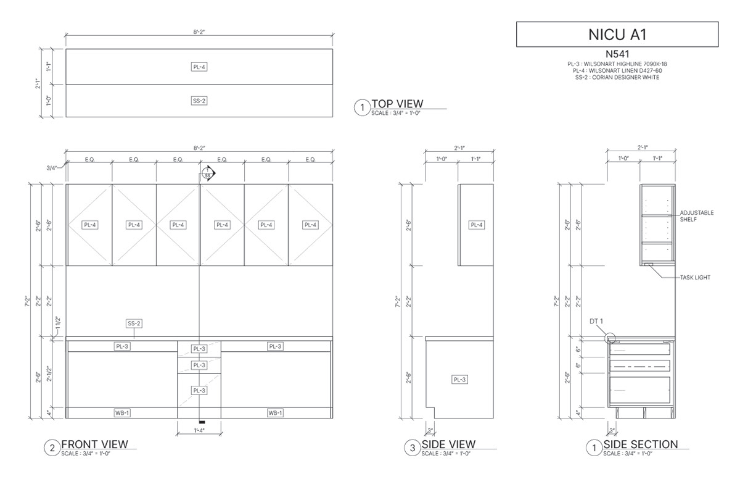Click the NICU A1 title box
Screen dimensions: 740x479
click(617, 35)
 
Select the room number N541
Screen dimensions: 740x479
click(617, 54)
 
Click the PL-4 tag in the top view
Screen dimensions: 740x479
click(199, 67)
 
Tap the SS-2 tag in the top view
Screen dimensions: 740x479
click(199, 101)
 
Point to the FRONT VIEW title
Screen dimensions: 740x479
click(95, 444)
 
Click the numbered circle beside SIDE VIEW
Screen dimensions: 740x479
click(413, 448)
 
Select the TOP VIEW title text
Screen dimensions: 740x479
click(397, 104)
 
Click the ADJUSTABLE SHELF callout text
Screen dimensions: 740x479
click(696, 216)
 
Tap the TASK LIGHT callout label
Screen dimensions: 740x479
click(695, 278)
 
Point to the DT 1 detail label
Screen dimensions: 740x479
click(596, 322)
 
